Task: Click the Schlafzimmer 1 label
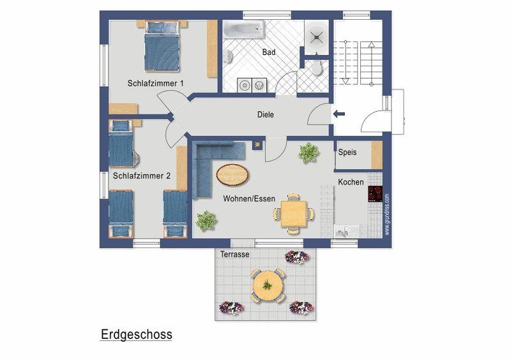[155, 84]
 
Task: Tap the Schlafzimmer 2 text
[141, 176]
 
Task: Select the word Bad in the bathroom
[269, 52]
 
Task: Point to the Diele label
[266, 115]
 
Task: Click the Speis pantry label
[347, 152]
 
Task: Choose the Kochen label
[351, 182]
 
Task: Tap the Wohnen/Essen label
[249, 199]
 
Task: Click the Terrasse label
[234, 254]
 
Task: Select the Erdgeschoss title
[136, 334]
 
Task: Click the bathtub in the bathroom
[244, 30]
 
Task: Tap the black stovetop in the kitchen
[375, 194]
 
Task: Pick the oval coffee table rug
[233, 175]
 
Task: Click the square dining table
[294, 214]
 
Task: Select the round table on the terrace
[268, 285]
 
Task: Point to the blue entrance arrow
[339, 114]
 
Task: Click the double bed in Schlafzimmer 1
[162, 46]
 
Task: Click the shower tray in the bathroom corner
[316, 37]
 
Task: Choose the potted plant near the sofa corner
[206, 221]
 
